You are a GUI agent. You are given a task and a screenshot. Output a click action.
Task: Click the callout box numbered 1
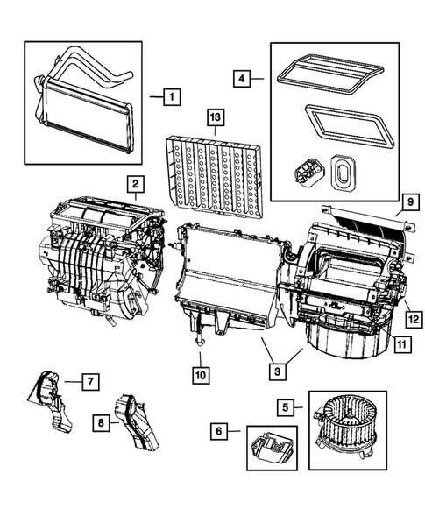(x=172, y=95)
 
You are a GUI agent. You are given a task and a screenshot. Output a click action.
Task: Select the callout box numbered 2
(x=134, y=184)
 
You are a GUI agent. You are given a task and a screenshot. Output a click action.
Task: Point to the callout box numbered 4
(x=244, y=80)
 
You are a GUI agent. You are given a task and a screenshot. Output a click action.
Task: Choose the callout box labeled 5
(x=286, y=406)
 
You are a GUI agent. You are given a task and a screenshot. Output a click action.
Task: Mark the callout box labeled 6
(x=221, y=430)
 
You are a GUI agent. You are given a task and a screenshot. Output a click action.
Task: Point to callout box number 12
(x=409, y=317)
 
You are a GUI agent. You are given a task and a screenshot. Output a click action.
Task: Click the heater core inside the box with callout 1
(x=83, y=109)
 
